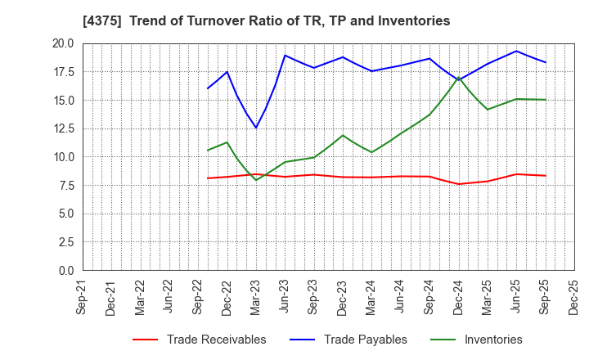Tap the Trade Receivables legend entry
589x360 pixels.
(x=216, y=340)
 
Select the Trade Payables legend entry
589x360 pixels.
(x=365, y=340)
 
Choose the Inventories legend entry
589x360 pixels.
(x=492, y=340)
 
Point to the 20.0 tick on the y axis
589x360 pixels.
(x=62, y=44)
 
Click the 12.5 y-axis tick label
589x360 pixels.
(x=62, y=128)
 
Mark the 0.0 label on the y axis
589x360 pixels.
(x=65, y=271)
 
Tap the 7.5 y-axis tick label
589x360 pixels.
(x=65, y=186)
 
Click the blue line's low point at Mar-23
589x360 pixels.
(x=256, y=128)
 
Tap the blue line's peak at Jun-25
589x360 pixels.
(x=516, y=51)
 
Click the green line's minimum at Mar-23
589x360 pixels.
(x=256, y=180)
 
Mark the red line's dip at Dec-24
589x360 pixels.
(x=459, y=184)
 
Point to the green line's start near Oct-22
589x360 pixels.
(x=208, y=150)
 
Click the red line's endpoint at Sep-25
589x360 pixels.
(x=546, y=176)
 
